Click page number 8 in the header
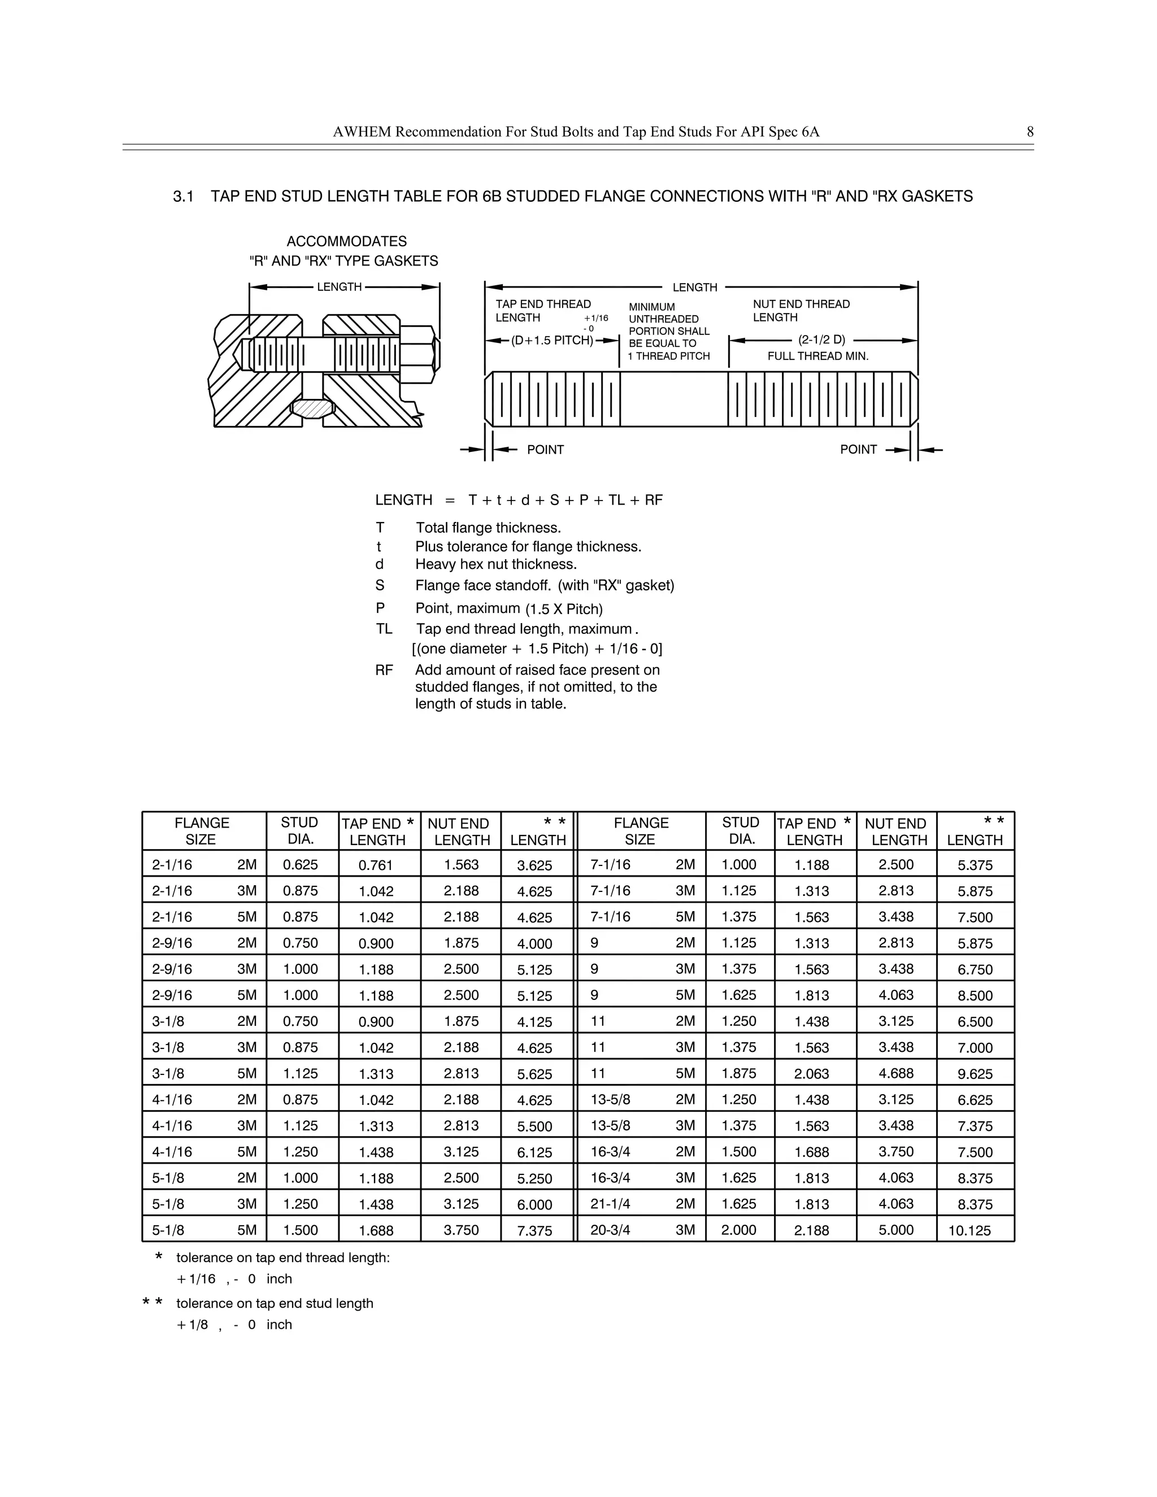click(x=1029, y=132)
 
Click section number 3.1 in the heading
click(x=183, y=197)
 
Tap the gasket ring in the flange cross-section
click(x=312, y=408)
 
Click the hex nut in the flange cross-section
click(x=417, y=354)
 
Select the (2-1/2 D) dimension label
click(x=822, y=340)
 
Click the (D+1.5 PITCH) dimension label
click(x=552, y=341)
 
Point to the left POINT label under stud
click(x=545, y=450)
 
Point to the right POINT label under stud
click(x=858, y=450)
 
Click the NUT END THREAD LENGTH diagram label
click(x=801, y=311)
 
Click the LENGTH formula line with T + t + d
click(x=519, y=501)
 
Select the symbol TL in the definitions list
click(x=384, y=629)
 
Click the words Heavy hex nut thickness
click(x=495, y=564)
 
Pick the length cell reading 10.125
click(x=969, y=1230)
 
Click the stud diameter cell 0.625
click(x=300, y=865)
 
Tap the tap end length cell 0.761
click(x=376, y=865)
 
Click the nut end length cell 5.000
click(x=896, y=1230)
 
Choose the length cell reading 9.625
click(x=975, y=1074)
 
